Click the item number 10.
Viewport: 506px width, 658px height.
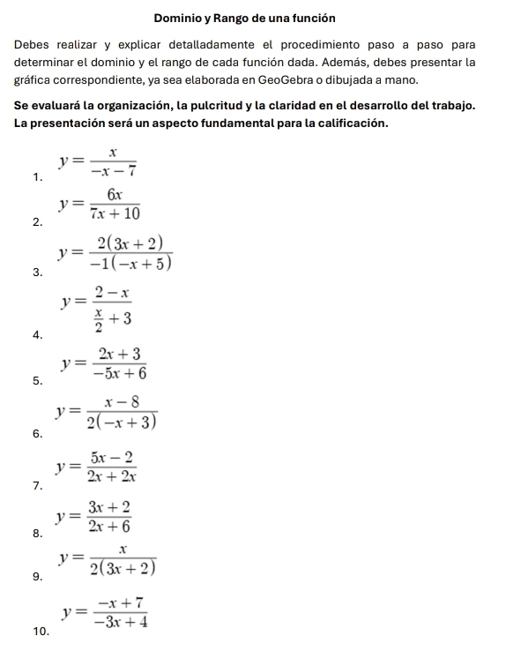click(39, 632)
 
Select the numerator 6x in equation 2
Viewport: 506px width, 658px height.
click(112, 194)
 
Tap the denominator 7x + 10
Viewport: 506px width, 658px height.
click(114, 213)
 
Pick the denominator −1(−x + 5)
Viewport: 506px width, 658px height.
click(130, 262)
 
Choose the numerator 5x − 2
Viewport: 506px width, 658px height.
click(112, 456)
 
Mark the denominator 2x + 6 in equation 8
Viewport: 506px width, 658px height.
click(109, 526)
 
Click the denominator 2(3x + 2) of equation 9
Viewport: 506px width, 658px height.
click(123, 569)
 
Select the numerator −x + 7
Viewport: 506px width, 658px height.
click(122, 602)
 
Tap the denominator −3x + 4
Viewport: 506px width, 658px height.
click(122, 622)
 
